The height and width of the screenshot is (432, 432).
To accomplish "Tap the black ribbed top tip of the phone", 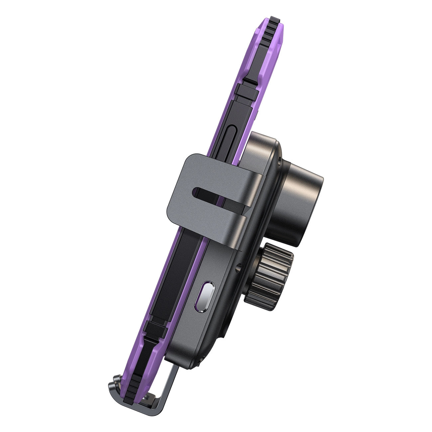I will [273, 20].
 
